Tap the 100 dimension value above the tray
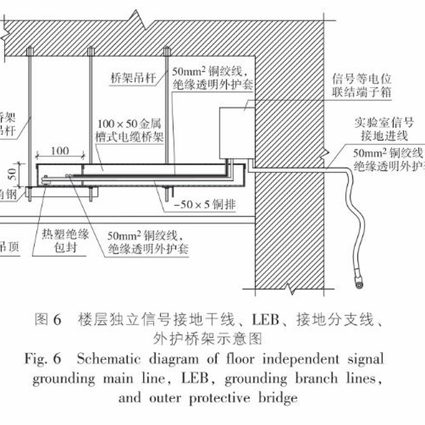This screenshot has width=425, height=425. coord(60,151)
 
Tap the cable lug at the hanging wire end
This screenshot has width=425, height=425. coord(360,285)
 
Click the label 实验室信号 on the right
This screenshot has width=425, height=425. coord(380,121)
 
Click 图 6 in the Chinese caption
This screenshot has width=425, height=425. coord(48,319)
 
